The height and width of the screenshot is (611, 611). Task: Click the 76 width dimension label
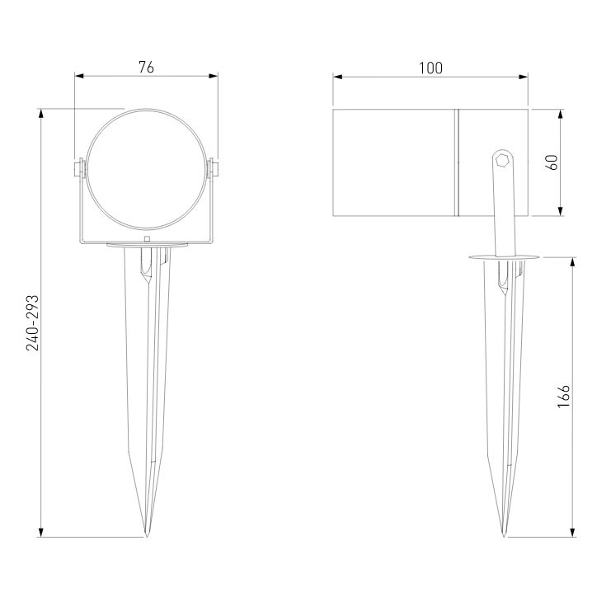147,68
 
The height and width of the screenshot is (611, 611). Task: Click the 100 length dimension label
430,68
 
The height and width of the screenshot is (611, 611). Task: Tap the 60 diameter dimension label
552,162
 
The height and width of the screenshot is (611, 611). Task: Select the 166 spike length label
564,397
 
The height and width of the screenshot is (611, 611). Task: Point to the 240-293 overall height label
33,323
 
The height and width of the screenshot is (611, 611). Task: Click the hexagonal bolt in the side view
502,160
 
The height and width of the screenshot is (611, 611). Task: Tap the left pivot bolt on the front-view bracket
78,169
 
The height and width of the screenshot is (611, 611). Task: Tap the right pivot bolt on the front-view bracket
213,169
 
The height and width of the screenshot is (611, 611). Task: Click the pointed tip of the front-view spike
147,537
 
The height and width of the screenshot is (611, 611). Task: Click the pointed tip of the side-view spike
504,537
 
